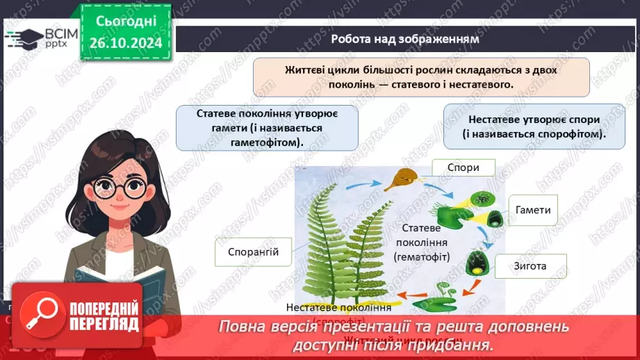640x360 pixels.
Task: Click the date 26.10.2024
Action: [x=125, y=43]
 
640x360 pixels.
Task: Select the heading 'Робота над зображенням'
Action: [x=405, y=39]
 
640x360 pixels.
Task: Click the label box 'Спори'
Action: [x=463, y=167]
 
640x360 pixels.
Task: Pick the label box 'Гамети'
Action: [x=534, y=210]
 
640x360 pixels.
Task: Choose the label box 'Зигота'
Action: [x=530, y=265]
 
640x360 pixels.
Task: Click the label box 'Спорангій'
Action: [x=253, y=252]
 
